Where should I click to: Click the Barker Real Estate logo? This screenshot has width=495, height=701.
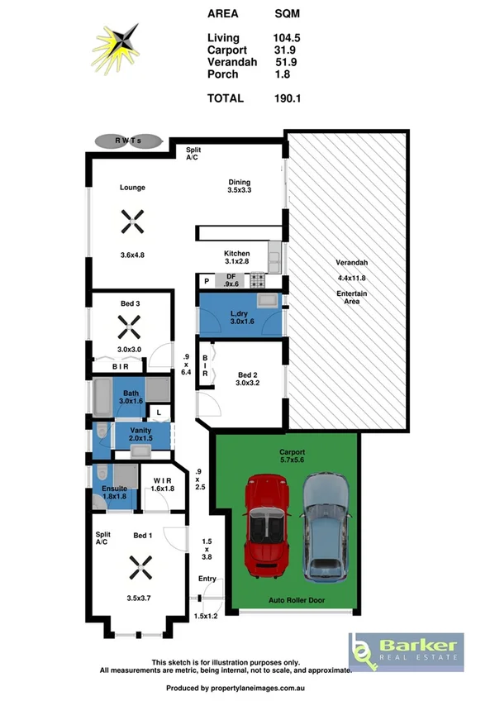point(405,651)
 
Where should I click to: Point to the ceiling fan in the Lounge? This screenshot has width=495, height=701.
point(132,221)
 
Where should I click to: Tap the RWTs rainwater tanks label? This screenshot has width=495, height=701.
point(127,141)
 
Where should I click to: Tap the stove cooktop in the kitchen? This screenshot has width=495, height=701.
point(257,281)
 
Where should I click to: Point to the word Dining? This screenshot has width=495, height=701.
point(240,183)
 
